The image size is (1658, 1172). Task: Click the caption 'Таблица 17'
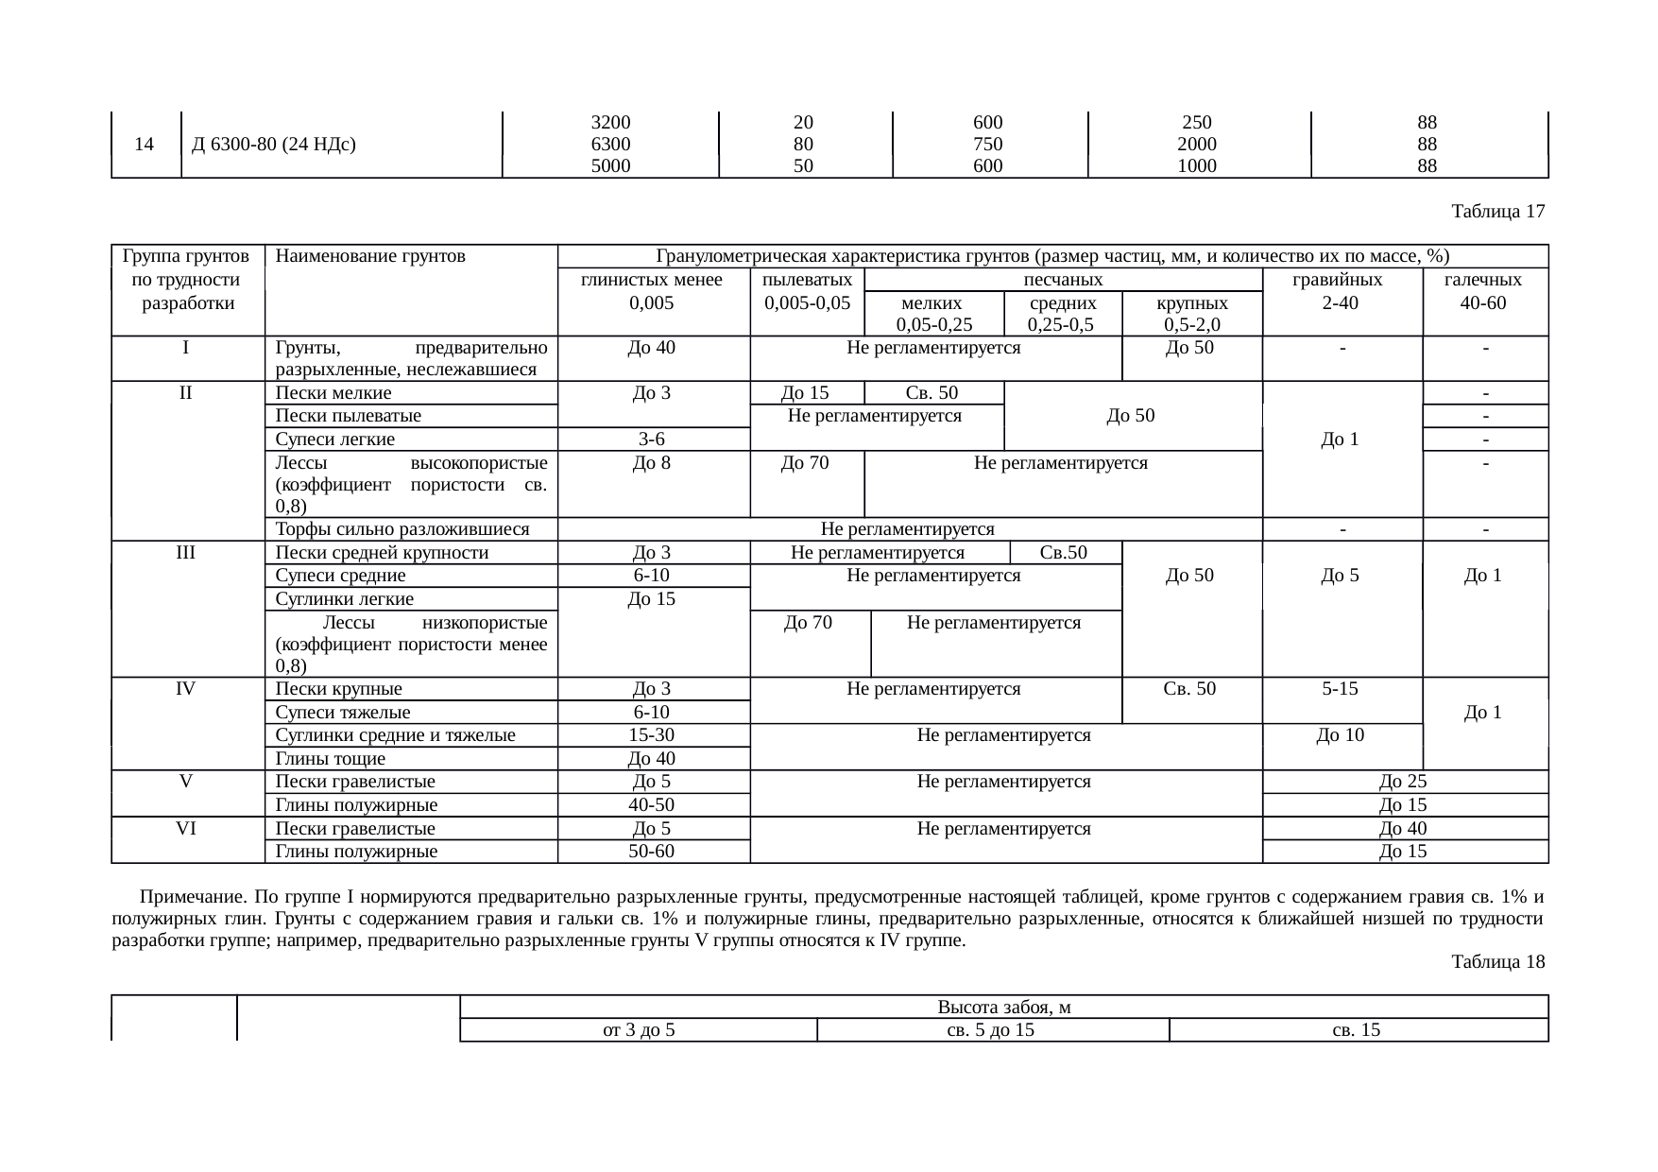[x=1498, y=212]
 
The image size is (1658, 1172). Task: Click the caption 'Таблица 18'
[x=1498, y=962]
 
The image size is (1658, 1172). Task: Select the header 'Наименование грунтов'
[x=370, y=255]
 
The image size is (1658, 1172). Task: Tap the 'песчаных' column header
[x=1064, y=280]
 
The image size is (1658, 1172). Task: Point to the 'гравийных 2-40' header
[x=1342, y=291]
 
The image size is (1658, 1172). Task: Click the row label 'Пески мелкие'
[x=333, y=393]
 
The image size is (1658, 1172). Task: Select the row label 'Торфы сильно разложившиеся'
[x=402, y=529]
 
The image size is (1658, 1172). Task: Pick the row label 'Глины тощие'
[x=330, y=758]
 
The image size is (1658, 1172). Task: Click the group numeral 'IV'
[x=186, y=689]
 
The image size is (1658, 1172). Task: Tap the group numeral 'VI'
[x=186, y=828]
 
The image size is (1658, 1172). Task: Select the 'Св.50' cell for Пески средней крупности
[x=1063, y=553]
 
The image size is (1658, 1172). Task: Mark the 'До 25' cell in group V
[x=1403, y=782]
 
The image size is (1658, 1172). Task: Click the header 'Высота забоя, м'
[x=1003, y=1007]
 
